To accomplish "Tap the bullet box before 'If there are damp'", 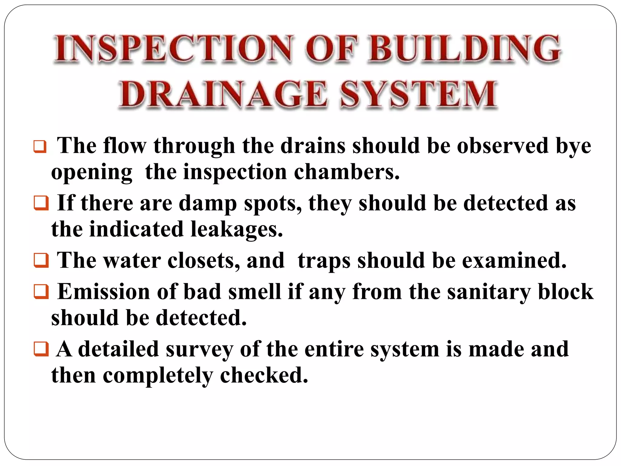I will (41, 203).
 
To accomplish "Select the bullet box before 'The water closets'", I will (41, 261).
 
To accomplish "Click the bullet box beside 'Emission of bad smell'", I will (41, 292).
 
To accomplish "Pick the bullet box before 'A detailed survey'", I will (41, 349).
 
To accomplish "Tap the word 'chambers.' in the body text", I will (347, 172).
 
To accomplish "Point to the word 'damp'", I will (208, 203).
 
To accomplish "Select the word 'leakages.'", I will (237, 229).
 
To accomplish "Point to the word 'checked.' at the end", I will (264, 376).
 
